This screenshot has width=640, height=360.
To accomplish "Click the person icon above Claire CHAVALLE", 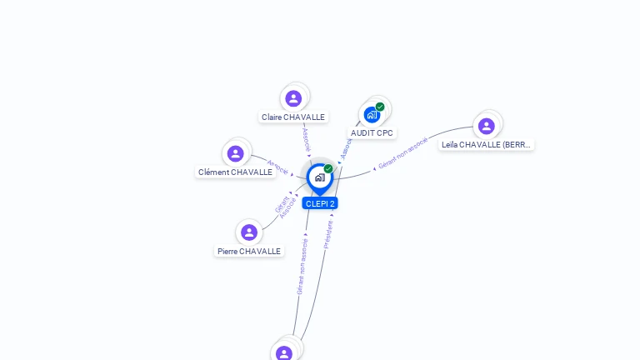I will [293, 98].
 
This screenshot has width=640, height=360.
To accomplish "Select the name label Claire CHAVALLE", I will [293, 117].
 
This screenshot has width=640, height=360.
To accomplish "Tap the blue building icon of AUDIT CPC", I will [372, 114].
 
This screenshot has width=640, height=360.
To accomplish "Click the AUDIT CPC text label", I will [372, 132].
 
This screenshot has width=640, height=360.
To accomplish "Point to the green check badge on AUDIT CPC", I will [380, 107].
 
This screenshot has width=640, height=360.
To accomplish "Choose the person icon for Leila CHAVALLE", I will [487, 126].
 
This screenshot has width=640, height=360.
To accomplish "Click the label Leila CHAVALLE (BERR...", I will [487, 144].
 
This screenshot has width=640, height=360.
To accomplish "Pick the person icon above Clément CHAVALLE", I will [236, 153].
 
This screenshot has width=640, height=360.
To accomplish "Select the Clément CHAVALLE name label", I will [236, 172].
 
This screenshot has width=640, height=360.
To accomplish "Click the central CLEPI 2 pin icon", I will [319, 177].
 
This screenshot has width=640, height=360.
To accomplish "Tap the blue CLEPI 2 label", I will [320, 203].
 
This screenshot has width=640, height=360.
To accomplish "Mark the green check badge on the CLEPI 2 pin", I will [328, 169].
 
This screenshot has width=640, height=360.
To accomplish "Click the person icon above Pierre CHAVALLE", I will [248, 232].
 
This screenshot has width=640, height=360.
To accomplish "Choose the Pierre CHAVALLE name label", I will [249, 251].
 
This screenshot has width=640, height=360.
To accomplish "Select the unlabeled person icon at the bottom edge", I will [284, 353].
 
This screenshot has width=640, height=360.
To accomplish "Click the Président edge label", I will [328, 234].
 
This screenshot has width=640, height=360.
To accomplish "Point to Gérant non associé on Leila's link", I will [402, 153].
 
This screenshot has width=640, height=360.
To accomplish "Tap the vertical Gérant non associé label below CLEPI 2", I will [302, 266].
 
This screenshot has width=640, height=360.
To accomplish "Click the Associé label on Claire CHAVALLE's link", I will [306, 138].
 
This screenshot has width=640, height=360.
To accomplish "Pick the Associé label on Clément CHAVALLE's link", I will [277, 167].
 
